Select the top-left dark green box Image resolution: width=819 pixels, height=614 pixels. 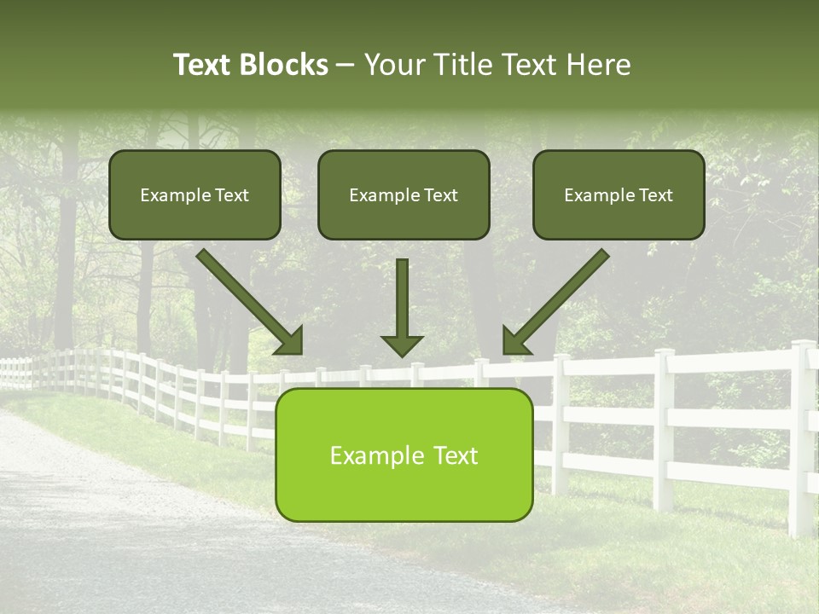195,194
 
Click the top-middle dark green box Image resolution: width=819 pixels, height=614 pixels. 404,194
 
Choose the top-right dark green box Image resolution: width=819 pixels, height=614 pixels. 619,194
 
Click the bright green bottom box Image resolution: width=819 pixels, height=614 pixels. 404,455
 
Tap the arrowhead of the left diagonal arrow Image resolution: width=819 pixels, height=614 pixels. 290,341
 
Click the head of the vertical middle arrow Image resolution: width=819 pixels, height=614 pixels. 402,345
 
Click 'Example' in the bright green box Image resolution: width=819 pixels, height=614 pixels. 372,456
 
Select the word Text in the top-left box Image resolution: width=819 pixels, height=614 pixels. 230,195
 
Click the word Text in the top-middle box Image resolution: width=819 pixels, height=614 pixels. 439,195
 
